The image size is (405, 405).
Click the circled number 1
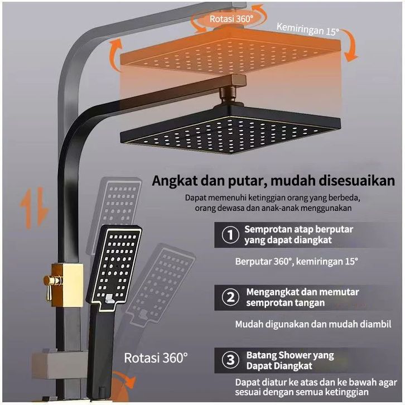228,235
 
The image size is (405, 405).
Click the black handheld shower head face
115,262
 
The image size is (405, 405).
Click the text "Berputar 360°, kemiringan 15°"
296,261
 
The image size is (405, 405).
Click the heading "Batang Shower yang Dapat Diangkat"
290,360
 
